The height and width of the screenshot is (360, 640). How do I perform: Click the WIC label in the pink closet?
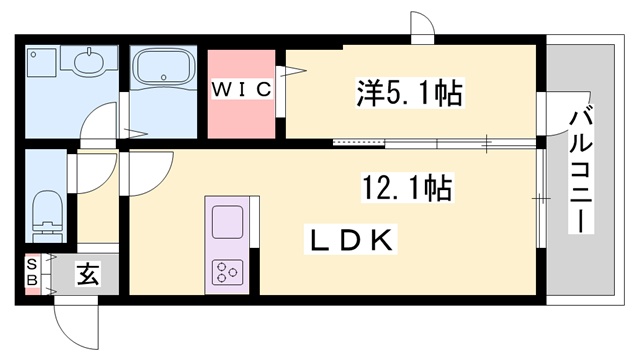tap(241, 90)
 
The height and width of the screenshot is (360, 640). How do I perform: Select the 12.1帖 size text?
tap(404, 186)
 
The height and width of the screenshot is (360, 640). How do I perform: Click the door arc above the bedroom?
tap(423, 27)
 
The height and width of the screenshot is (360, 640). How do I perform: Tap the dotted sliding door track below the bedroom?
tap(358, 143)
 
